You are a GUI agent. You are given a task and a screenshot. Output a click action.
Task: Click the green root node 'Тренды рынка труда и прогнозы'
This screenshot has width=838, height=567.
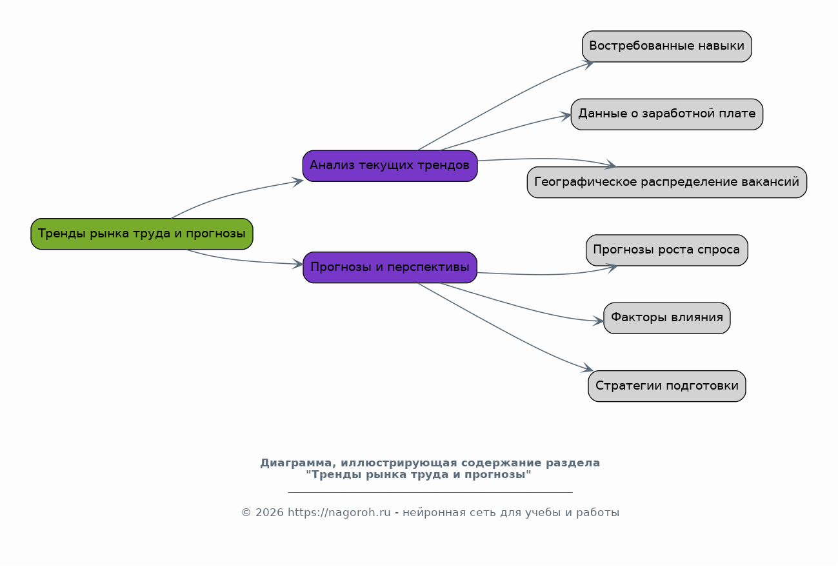pyautogui.click(x=141, y=234)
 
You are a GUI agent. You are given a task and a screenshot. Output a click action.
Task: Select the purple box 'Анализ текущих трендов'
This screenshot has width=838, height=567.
pyautogui.click(x=390, y=166)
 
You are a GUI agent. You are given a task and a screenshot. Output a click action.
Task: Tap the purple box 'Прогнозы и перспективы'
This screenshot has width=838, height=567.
pyautogui.click(x=390, y=267)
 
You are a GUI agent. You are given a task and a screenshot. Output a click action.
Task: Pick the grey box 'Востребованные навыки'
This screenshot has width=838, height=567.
pyautogui.click(x=666, y=46)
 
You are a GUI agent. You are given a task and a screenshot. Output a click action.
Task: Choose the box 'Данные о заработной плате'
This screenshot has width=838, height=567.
pyautogui.click(x=666, y=114)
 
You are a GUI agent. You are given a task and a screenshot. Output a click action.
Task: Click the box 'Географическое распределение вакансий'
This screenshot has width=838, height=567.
pyautogui.click(x=666, y=182)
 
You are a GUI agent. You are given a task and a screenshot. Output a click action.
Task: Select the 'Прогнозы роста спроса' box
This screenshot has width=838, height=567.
pyautogui.click(x=666, y=250)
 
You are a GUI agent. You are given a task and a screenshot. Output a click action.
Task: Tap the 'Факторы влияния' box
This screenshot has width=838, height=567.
pyautogui.click(x=666, y=318)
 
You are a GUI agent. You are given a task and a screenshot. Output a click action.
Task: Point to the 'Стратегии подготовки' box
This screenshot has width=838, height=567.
pyautogui.click(x=666, y=386)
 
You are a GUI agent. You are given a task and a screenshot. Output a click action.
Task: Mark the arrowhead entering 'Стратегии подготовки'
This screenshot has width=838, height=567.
pyautogui.click(x=588, y=369)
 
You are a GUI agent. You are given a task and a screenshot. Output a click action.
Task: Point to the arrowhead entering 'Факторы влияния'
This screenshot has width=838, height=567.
pyautogui.click(x=599, y=321)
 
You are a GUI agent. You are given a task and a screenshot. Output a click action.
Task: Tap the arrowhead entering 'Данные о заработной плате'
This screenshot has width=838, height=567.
pyautogui.click(x=566, y=116)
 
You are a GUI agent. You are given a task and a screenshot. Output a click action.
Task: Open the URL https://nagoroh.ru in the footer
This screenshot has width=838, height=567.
pyautogui.click(x=339, y=513)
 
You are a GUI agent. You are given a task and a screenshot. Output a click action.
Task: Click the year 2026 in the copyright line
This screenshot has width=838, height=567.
pyautogui.click(x=269, y=513)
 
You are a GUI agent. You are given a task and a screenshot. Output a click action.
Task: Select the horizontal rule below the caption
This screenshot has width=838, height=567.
pyautogui.click(x=430, y=492)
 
